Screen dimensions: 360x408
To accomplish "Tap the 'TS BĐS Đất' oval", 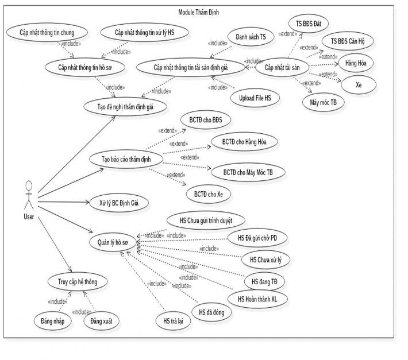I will (x=313, y=24).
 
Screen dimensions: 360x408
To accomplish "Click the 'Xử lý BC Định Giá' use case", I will (x=119, y=203).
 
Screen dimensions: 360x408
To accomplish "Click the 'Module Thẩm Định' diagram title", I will (x=203, y=11).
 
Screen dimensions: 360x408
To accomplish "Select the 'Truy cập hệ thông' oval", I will (x=78, y=281).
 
